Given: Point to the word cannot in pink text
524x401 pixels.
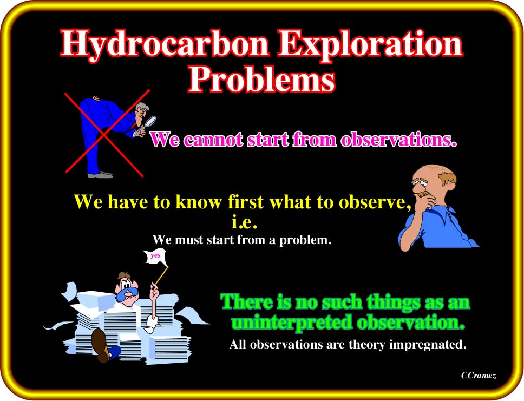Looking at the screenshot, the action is click(x=214, y=139).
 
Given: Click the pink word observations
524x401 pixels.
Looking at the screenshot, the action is click(x=398, y=139).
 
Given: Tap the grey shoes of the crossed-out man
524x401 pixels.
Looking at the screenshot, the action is click(x=100, y=174).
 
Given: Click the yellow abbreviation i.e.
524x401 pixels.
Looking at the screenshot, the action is click(x=245, y=223).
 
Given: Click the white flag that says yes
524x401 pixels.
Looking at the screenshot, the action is click(x=155, y=257).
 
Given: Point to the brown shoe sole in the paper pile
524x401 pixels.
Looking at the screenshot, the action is click(x=101, y=345).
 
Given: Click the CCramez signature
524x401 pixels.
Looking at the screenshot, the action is click(x=479, y=375).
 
